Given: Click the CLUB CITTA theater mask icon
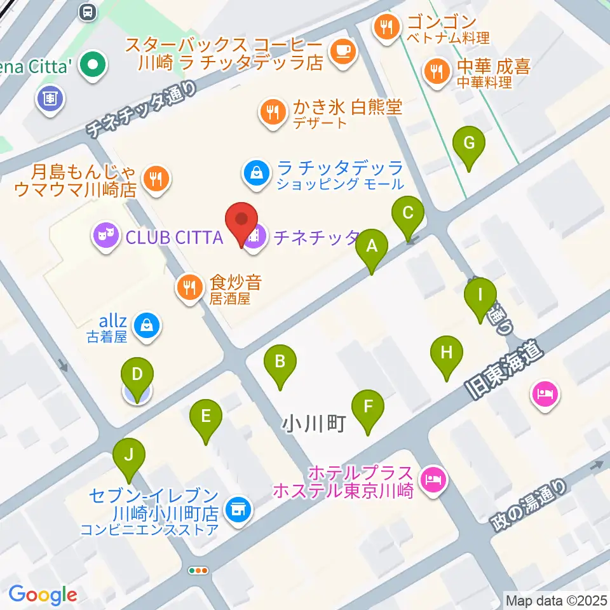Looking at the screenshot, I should (105, 237).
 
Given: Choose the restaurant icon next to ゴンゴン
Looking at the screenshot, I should (386, 27).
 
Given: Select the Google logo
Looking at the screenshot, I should (43, 595).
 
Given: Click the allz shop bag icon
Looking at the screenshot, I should (147, 325).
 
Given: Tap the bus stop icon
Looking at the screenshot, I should (87, 11).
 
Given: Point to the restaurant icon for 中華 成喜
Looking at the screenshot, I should (435, 71).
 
